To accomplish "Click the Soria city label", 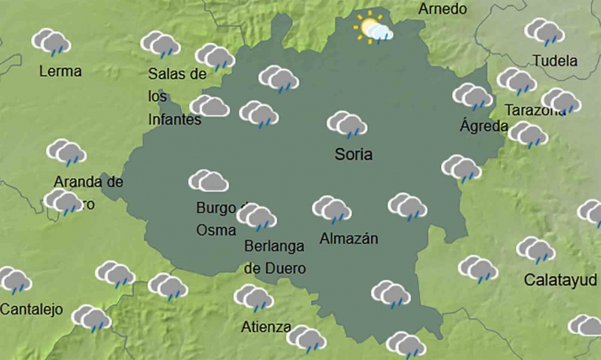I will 353,155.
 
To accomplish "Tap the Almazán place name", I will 348,239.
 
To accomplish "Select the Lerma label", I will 61,71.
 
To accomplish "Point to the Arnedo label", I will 442,9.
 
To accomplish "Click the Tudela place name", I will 556,61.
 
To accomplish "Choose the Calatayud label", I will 561,279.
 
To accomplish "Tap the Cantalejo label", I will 31,310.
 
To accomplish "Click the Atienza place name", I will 265,326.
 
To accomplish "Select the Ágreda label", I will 484,126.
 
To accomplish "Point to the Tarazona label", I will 535,110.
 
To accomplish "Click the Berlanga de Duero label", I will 274,257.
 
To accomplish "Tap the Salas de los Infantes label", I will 176,97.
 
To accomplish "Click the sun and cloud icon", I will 373,29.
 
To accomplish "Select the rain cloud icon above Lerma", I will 51,42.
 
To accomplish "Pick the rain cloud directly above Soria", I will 347,125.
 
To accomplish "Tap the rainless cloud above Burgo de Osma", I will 209,181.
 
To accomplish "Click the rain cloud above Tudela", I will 545,32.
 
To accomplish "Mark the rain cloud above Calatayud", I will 536,250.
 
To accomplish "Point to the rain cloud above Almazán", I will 332,209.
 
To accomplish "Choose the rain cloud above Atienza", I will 254,298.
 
